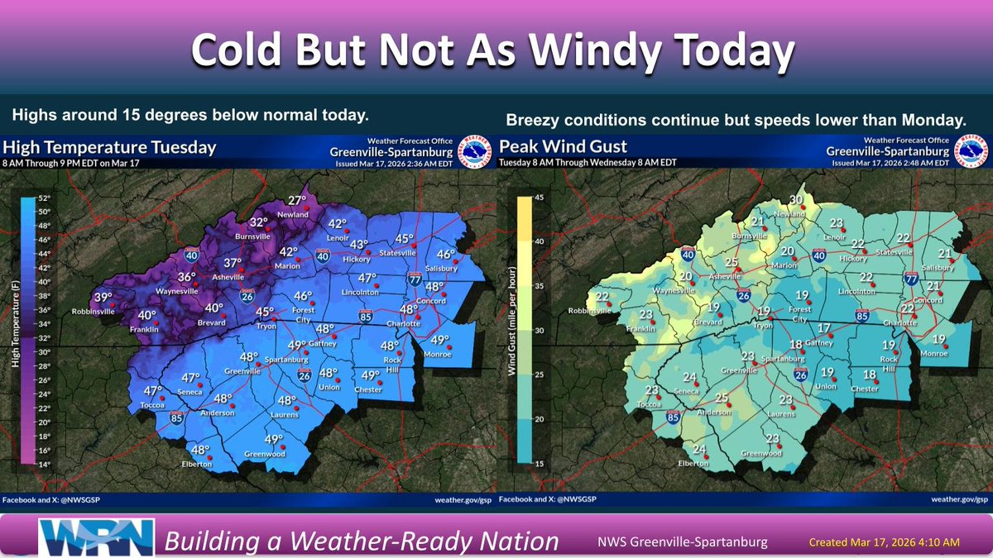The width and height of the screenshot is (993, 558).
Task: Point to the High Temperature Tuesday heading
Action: tap(110, 148)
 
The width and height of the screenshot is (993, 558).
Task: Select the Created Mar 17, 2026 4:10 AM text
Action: tap(884, 541)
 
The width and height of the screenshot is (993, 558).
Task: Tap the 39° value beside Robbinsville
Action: tap(103, 298)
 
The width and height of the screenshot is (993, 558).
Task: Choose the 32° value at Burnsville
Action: tap(260, 222)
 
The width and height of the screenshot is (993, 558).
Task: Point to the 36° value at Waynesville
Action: tap(188, 277)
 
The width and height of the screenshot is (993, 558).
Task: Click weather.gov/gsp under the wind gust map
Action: tap(958, 499)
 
